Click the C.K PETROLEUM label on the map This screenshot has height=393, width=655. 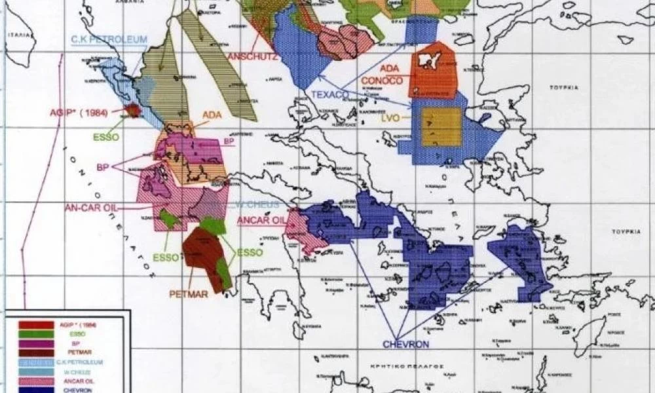109,39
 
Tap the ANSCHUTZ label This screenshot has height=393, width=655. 252,57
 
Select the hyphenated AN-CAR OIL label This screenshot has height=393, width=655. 90,208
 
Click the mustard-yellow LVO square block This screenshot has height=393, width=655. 441,126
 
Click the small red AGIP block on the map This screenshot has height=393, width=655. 134,110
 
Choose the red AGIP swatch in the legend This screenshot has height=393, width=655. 36,324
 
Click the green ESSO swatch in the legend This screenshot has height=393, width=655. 36,333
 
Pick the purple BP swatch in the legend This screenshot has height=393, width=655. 36,343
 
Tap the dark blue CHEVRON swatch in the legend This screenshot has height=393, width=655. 36,389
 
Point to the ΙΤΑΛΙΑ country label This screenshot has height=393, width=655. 18,33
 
